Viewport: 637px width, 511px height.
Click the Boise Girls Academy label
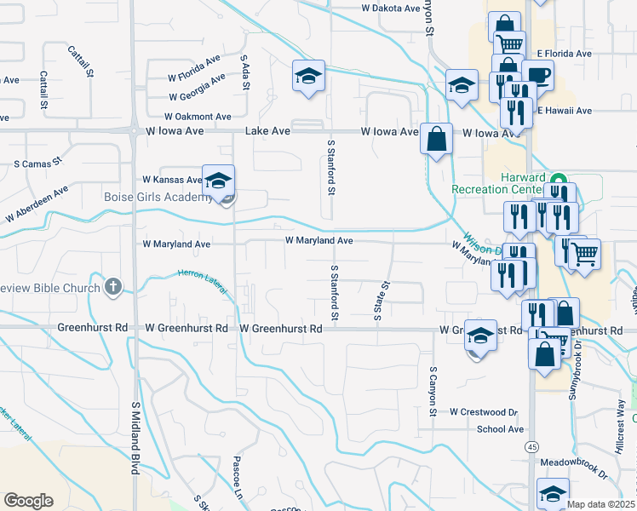pos(158,198)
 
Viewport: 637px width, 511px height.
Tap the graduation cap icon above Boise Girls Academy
pos(218,180)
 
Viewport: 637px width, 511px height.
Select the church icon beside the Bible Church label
pos(113,287)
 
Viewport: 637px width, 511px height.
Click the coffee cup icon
pos(537,75)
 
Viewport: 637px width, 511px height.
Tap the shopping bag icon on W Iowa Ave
pos(436,139)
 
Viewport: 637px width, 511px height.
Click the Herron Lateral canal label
pos(203,282)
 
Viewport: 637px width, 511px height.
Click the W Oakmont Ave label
pos(198,116)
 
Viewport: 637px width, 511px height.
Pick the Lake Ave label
pos(268,131)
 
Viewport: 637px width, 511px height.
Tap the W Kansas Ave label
pos(173,180)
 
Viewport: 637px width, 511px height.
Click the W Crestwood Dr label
pos(484,411)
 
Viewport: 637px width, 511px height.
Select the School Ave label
pos(500,429)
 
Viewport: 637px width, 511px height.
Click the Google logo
pos(28,500)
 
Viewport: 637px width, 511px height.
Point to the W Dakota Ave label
pos(392,7)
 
